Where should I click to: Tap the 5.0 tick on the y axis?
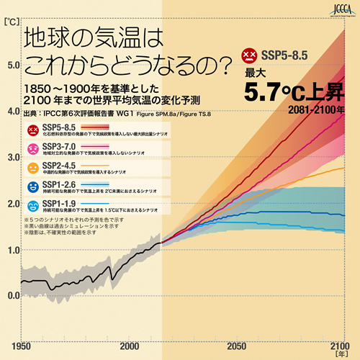click(x=14, y=65)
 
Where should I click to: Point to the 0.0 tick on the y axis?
click(x=14, y=295)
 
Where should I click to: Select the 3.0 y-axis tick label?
click(x=14, y=157)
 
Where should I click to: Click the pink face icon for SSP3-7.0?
click(x=33, y=150)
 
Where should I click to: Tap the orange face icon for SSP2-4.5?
click(x=33, y=168)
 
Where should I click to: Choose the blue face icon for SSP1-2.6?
click(x=33, y=187)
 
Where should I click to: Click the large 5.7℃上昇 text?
click(x=295, y=92)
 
